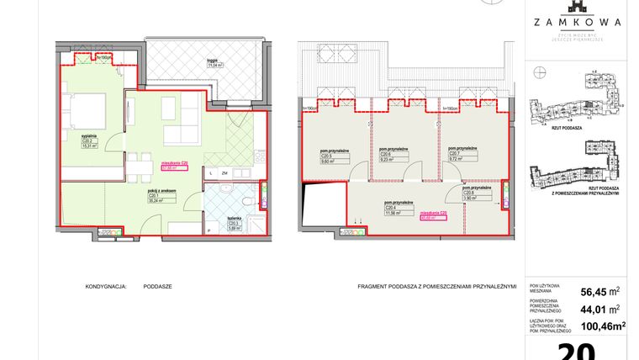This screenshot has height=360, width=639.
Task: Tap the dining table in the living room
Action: tap(140, 165)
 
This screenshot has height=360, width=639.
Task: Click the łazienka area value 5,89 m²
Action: tap(235, 228)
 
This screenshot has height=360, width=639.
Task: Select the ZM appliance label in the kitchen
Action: tap(225, 173)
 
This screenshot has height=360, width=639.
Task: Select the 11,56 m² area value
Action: tap(393, 213)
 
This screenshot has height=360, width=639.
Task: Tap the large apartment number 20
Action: tap(577, 352)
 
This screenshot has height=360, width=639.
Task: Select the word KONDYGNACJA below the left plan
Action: tap(105, 286)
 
